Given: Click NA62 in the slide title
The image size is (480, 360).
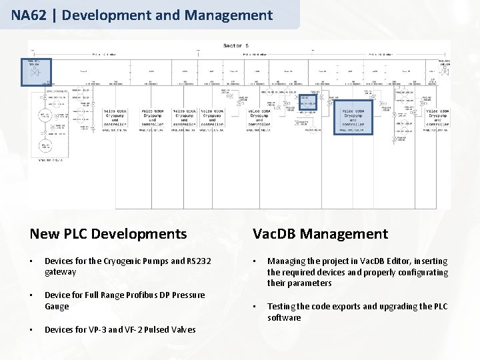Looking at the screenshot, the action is (x=28, y=15).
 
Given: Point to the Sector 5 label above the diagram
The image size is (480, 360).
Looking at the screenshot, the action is (x=235, y=45).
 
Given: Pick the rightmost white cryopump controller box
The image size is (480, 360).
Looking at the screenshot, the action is (x=438, y=117).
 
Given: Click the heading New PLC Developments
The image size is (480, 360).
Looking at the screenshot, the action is (x=108, y=233).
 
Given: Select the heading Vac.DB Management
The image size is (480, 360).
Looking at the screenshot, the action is (x=320, y=233).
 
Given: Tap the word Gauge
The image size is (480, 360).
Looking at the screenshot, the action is (x=57, y=306).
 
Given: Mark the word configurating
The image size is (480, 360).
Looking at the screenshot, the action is (x=422, y=272).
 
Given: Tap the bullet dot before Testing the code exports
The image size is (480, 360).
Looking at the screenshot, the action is (x=255, y=307).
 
